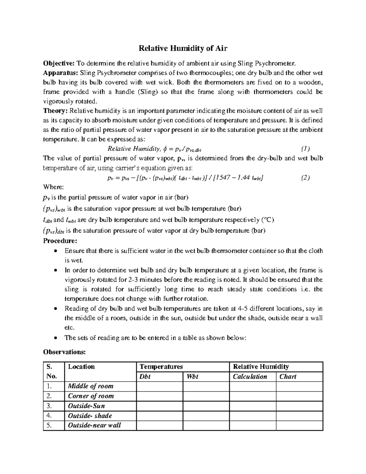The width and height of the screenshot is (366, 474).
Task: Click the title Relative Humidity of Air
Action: coord(183,48)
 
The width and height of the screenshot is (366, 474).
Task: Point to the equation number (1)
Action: coord(305,149)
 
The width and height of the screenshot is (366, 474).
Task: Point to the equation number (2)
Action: coord(305,178)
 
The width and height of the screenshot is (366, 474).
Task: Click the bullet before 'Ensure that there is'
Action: coord(55,251)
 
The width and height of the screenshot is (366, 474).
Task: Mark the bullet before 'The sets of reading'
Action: coord(55,338)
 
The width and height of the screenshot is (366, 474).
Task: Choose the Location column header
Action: coord(81,367)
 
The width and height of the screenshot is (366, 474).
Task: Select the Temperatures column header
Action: coord(161,367)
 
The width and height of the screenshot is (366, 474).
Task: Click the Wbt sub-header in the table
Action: coord(192,377)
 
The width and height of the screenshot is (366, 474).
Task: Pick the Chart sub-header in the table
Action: coord(288,377)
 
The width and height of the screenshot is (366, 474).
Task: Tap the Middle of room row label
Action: coord(91,386)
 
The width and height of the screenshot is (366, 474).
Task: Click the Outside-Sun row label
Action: coord(86,406)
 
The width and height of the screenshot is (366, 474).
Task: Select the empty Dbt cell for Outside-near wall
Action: coord(160,425)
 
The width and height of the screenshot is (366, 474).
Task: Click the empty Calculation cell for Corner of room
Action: coord(253,396)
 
